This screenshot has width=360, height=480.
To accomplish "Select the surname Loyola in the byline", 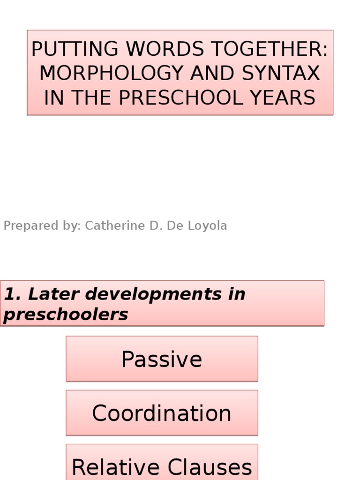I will tap(209, 226).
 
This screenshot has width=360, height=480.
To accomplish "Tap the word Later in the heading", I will tap(47, 294).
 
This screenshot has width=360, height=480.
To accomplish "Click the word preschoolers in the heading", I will tap(66, 315).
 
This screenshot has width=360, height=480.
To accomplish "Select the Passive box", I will tap(162, 359).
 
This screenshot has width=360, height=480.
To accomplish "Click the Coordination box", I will tap(162, 413).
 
